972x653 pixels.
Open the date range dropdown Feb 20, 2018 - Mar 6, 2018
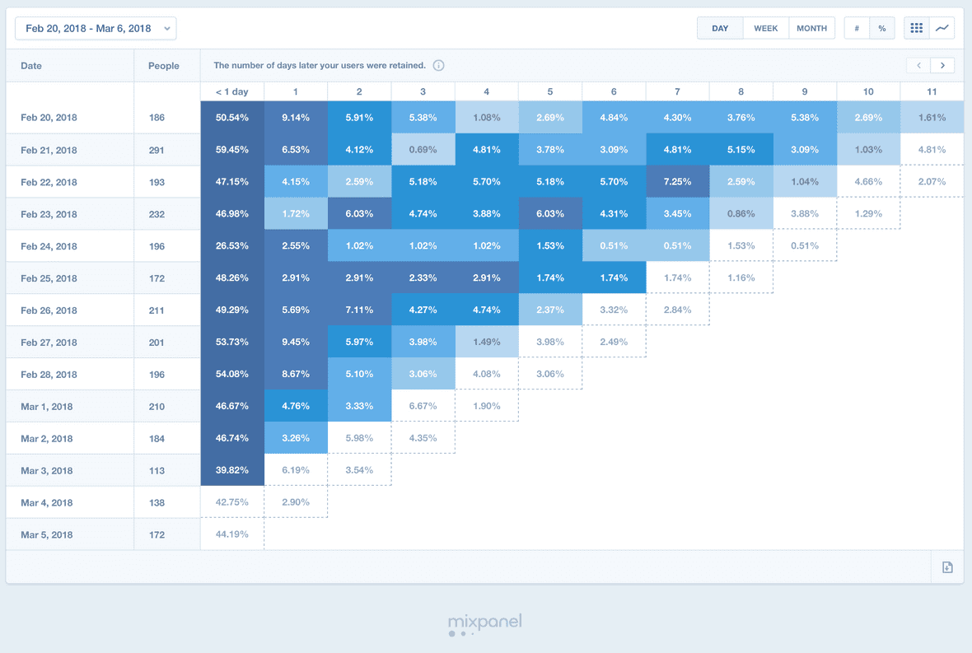(x=96, y=28)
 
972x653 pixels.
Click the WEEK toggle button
(x=765, y=28)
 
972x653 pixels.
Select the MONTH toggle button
(x=811, y=28)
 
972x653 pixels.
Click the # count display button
(x=857, y=28)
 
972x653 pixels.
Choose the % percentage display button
(x=881, y=28)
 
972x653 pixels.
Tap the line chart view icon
(x=942, y=28)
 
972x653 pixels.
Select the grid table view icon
(x=916, y=28)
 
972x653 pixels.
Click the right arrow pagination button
(x=942, y=65)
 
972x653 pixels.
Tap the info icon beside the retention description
(x=438, y=65)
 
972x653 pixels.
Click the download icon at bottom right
(x=947, y=567)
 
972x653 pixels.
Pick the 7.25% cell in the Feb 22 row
(x=677, y=181)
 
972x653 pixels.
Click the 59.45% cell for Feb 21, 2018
(x=231, y=150)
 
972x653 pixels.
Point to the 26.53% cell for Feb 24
(x=231, y=245)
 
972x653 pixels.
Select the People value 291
(x=157, y=150)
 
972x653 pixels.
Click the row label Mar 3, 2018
(x=48, y=470)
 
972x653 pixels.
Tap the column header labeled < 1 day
(x=231, y=91)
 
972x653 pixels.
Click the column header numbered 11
(x=932, y=91)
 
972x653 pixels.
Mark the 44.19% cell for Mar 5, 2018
(x=231, y=534)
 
